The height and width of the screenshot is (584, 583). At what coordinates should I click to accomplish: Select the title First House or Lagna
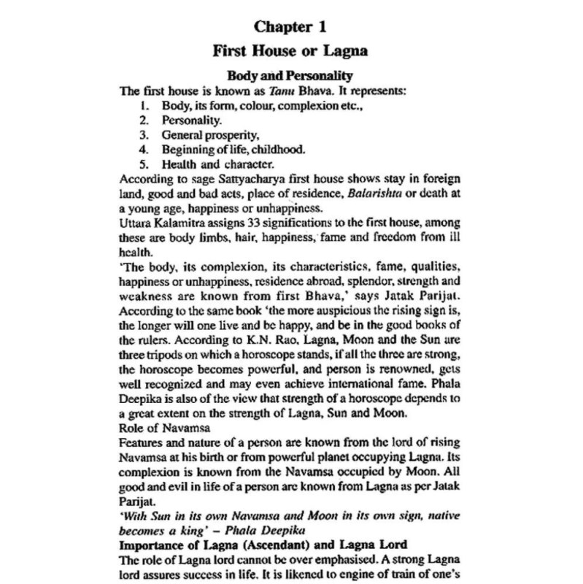(x=290, y=53)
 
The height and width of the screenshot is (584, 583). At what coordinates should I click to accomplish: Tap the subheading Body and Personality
(x=290, y=76)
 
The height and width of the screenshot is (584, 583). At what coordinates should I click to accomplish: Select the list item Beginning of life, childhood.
(x=233, y=148)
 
